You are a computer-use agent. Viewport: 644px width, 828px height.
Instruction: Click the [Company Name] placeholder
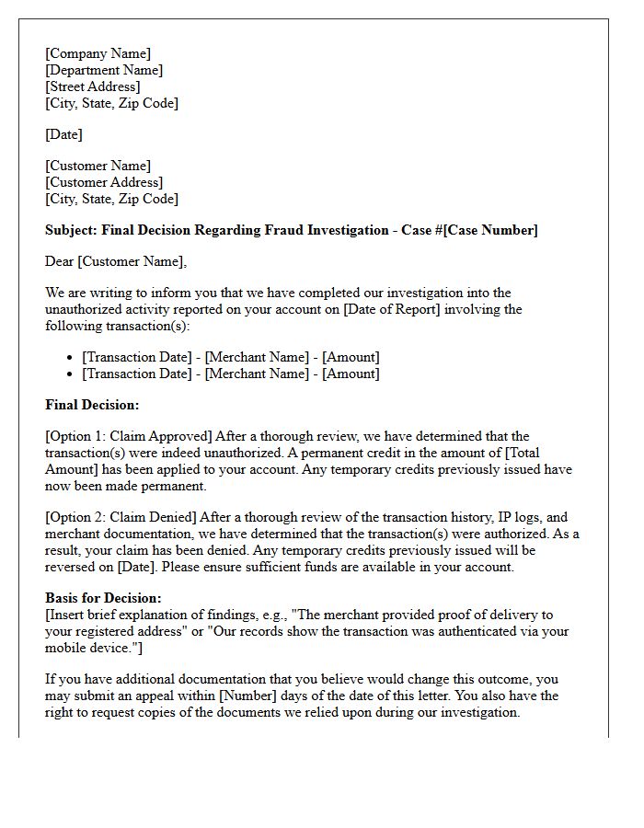point(98,53)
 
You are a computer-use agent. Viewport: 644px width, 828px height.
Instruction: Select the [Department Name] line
point(104,70)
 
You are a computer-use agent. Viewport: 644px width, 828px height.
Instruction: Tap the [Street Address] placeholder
point(93,86)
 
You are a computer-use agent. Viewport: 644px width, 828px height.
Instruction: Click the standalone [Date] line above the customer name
point(63,134)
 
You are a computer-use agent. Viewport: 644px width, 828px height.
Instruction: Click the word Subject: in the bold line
point(72,230)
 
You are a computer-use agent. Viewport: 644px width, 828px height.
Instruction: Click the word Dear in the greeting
point(60,262)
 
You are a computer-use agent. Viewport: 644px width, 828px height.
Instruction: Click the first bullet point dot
point(71,358)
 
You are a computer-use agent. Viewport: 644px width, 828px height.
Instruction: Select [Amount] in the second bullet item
point(351,374)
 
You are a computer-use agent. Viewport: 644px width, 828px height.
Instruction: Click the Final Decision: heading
point(92,404)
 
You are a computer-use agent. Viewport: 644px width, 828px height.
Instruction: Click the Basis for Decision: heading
point(103,598)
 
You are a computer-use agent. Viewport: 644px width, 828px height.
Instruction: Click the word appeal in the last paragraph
point(180,696)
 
